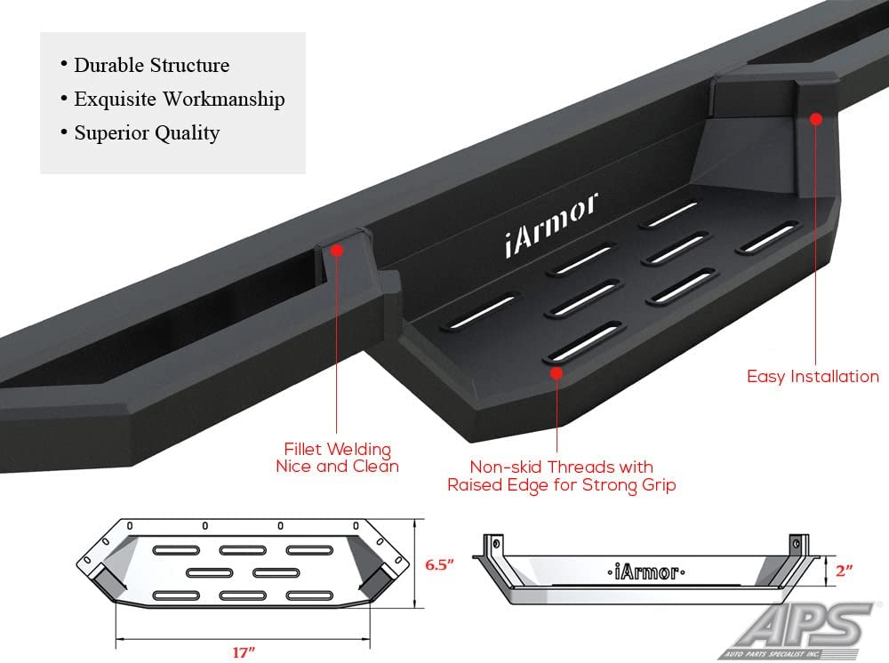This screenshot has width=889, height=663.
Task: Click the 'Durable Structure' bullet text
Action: click(x=151, y=65)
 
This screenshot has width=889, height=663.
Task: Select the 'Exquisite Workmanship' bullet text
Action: click(x=179, y=99)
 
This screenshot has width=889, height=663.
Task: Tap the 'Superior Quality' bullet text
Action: click(x=147, y=133)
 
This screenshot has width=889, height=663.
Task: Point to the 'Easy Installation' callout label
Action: click(x=813, y=377)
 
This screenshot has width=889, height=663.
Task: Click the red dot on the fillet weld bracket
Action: click(x=338, y=252)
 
